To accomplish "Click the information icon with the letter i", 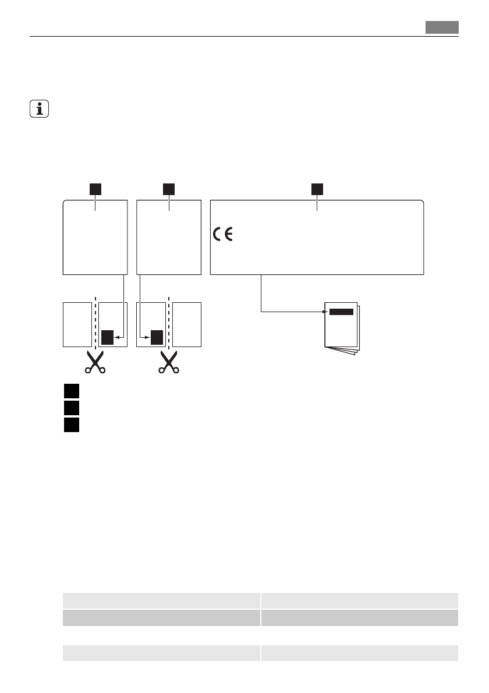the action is pos(40,109).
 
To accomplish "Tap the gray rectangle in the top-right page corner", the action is pos(441,27).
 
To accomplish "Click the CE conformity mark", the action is pos(222,235).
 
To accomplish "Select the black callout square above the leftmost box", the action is pos(95,189).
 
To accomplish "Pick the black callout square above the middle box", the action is pos(169,189).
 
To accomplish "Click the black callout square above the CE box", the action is pos(317,189).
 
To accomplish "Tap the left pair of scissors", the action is pos(94,362).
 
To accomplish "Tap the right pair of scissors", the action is pos(169,362).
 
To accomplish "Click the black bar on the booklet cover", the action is pos(341,312).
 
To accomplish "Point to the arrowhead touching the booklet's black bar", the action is pos(325,312).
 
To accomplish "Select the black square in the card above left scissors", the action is pos(107,337).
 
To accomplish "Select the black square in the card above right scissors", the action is pos(156,337).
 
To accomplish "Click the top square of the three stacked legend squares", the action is pos(71,390).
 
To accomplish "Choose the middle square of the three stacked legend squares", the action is pos(71,408).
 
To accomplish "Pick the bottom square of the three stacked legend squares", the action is pos(71,425).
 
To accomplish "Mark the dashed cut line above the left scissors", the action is pos(94,323).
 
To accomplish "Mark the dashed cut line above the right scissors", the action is pos(169,323).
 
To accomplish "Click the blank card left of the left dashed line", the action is pos(77,325).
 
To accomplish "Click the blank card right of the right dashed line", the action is pos(187,325).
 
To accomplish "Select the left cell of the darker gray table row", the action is pos(161,617).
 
